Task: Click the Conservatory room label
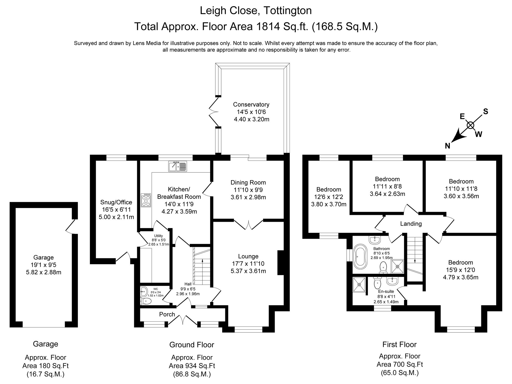coord(251,104)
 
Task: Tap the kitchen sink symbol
coord(178,166)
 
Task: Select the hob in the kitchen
coord(146,200)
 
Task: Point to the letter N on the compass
coord(447,146)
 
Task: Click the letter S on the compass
coord(485,112)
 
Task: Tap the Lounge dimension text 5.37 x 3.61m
coord(248,271)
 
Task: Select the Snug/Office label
coord(116,202)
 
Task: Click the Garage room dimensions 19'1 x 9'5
coord(44,265)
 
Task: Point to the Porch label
coord(167,315)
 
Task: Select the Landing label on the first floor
coord(411,224)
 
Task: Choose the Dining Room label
coord(248,182)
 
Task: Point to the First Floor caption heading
coord(399,344)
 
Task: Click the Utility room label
coord(158,236)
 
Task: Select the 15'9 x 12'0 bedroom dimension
coord(461,270)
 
